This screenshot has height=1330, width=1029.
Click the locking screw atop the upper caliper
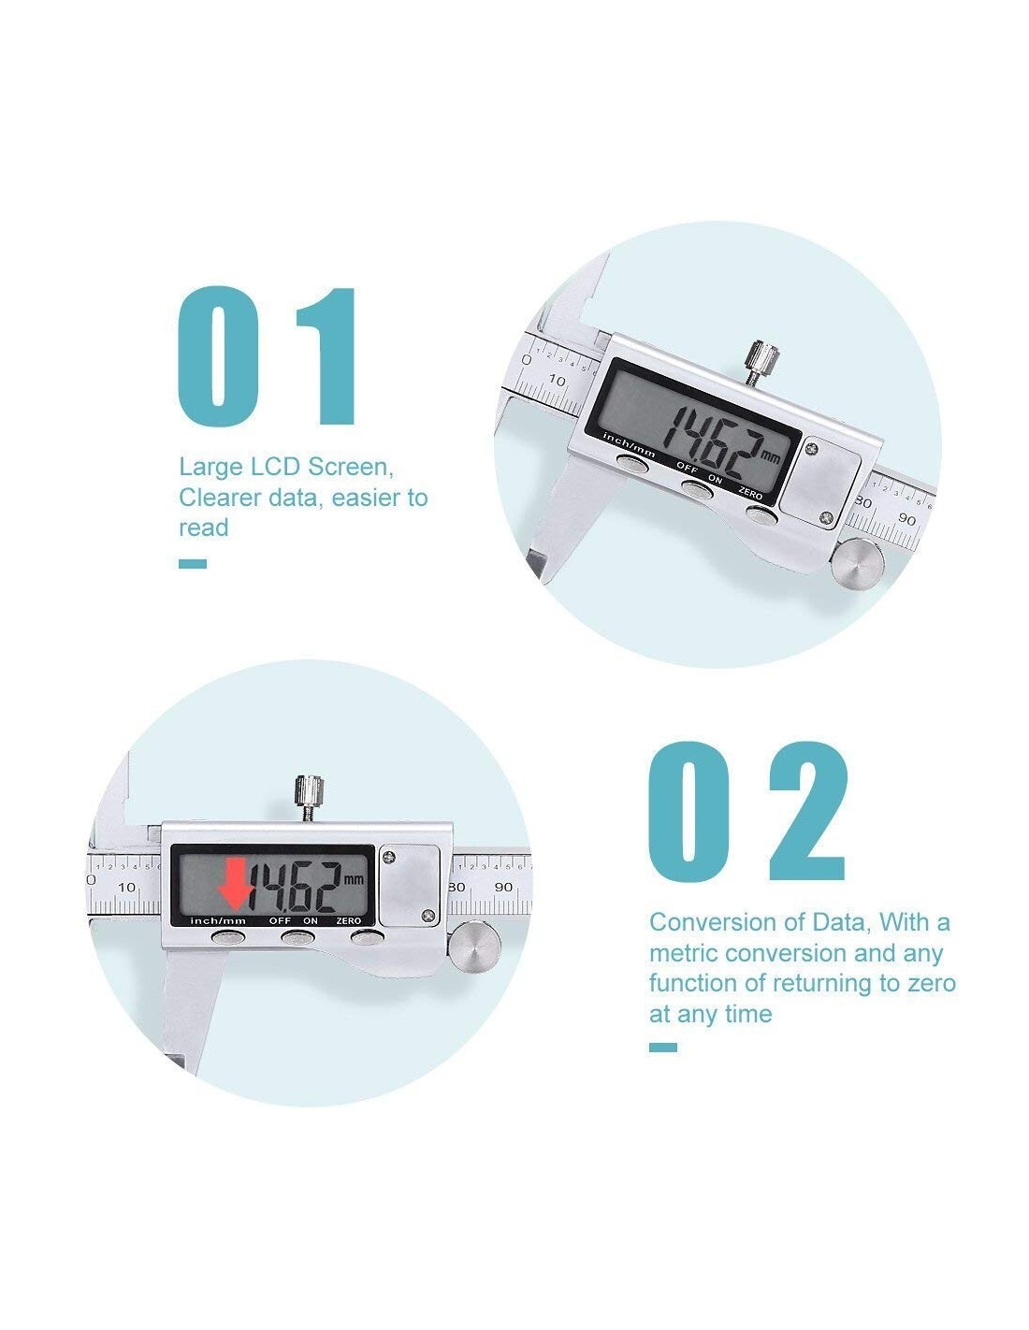762,362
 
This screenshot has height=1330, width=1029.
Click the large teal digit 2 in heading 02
807,810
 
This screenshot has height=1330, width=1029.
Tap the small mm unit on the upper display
770,457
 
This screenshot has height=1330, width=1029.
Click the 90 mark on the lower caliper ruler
503,887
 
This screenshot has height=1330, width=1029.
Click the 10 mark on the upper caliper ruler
557,380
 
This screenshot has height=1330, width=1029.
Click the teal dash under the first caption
192,564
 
